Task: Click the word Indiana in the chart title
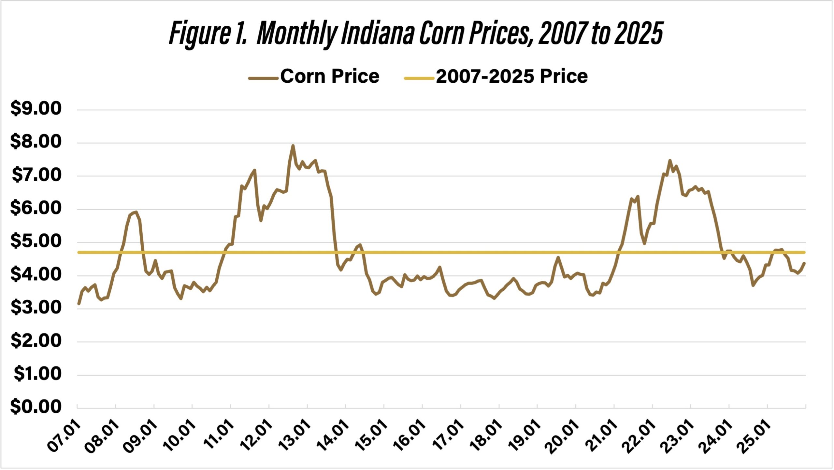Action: pos(378,34)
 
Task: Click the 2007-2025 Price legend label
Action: pos(512,76)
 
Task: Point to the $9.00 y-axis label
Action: pos(36,108)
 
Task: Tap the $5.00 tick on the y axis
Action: pos(36,241)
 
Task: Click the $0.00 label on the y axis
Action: pos(36,407)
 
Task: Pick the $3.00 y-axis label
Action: pos(36,307)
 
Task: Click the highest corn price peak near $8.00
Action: pos(293,145)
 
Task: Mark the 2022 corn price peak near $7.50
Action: pos(670,160)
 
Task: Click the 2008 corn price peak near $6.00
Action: pos(136,212)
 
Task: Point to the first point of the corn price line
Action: pos(79,304)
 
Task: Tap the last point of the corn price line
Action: pos(805,263)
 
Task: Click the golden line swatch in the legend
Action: pos(419,78)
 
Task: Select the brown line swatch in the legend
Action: pos(263,78)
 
